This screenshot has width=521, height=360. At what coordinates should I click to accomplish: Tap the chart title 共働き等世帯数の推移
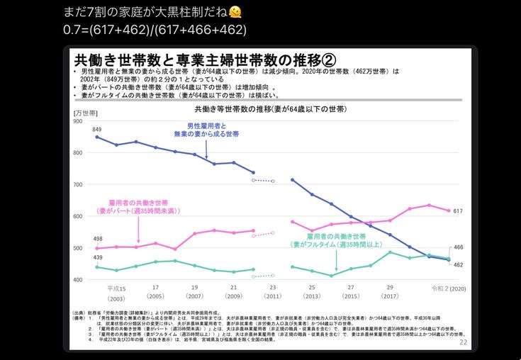click(x=270, y=110)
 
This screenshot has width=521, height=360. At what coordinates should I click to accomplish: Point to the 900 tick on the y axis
click(x=78, y=121)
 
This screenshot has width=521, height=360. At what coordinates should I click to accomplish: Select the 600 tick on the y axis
click(x=78, y=216)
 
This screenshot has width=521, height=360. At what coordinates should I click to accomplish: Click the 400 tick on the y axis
click(x=78, y=280)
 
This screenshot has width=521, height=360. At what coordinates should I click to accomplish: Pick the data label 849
click(x=97, y=129)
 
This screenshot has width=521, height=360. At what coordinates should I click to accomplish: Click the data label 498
click(x=97, y=239)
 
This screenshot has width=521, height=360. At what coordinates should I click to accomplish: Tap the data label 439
click(x=97, y=257)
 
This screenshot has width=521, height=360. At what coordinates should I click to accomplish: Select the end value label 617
click(x=458, y=211)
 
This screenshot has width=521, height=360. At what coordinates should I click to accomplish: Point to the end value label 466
click(x=458, y=247)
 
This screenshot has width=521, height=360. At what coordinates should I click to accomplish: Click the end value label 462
click(x=458, y=264)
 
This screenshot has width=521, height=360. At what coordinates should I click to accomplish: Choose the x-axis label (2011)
click(x=273, y=297)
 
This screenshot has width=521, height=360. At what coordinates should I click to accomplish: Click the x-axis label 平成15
click(x=116, y=288)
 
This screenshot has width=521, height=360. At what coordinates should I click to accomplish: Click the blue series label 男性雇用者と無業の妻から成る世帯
click(x=206, y=130)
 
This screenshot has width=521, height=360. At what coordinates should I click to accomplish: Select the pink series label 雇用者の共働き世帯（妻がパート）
click(x=138, y=206)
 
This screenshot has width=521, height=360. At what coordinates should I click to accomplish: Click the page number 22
click(x=464, y=342)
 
